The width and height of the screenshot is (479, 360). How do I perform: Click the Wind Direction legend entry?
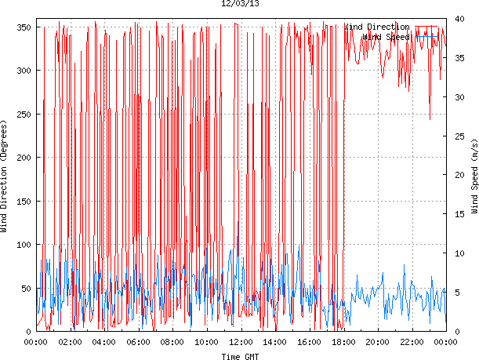(x=377, y=27)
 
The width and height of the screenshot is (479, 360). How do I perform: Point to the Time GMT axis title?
(x=240, y=356)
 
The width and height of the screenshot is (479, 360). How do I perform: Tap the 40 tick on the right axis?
(x=458, y=20)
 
